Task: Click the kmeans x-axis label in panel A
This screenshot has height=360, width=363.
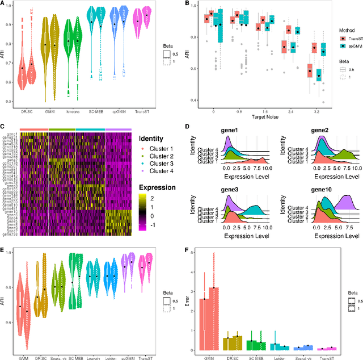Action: point(73,111)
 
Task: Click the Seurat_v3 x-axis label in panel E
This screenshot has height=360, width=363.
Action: point(56,344)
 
